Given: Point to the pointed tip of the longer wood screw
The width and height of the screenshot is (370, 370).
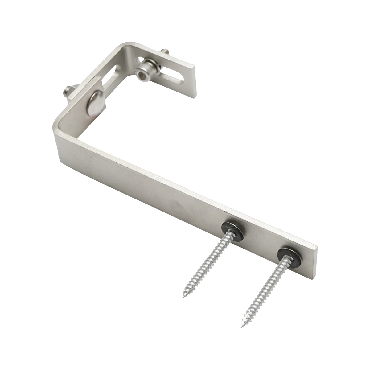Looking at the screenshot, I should pos(242,327).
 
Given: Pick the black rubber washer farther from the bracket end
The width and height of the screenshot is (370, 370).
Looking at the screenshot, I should pos(232,231).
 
